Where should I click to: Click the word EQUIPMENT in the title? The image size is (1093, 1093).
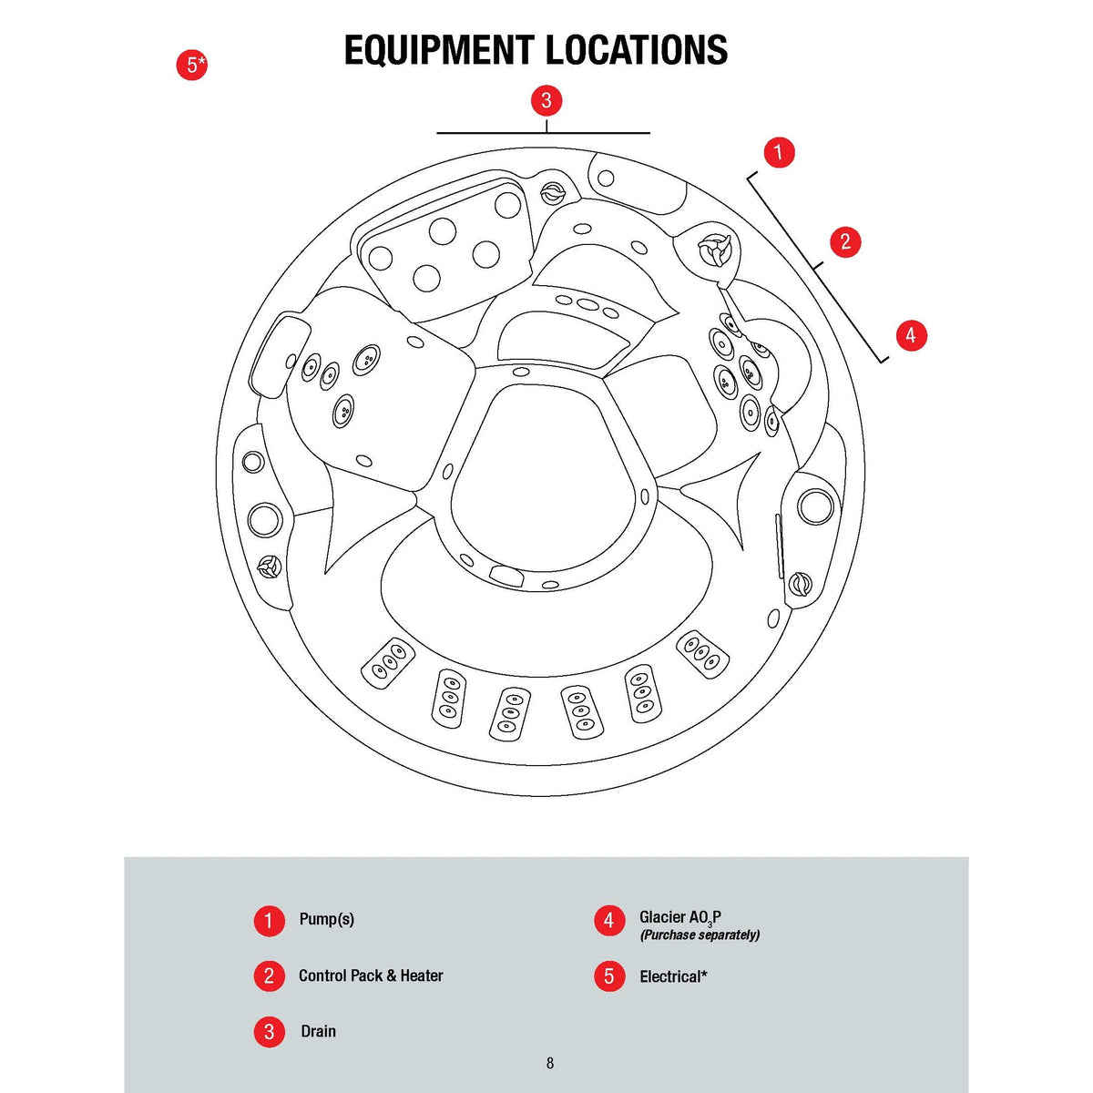point(440,50)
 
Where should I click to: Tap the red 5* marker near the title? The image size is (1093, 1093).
point(191,65)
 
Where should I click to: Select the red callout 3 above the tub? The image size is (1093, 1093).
point(546,100)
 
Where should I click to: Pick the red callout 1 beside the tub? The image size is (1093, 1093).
point(778,152)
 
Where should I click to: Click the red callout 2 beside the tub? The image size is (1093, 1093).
point(845,241)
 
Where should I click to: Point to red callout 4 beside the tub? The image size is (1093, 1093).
point(911,335)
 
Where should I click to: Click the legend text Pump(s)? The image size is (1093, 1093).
point(326,919)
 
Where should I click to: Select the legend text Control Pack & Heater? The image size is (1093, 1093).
point(371,976)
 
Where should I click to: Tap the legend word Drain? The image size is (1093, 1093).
point(318,1031)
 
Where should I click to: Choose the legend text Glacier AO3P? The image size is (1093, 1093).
point(679,918)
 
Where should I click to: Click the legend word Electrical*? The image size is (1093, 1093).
point(673,976)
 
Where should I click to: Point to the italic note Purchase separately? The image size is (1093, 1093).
point(700,935)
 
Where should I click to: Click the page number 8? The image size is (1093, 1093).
point(549,1063)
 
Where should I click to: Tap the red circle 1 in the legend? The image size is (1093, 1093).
point(269,920)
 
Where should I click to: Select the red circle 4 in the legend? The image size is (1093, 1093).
point(609,920)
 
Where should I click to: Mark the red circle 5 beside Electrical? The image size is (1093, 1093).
point(609,976)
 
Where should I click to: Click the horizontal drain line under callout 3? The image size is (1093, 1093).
point(492,133)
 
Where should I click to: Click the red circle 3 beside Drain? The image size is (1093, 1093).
point(269,1032)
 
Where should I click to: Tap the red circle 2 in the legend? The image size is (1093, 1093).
point(269,976)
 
